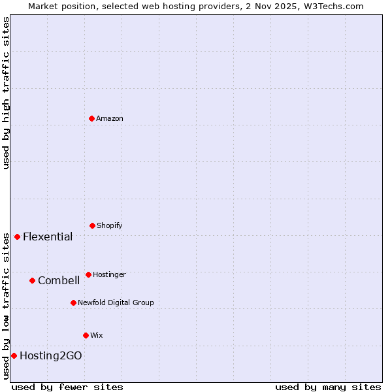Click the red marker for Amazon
91,118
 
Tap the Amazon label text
110,118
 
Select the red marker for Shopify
92,225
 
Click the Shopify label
110,225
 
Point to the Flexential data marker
17,237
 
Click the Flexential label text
48,237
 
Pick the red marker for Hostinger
88,274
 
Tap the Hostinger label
109,274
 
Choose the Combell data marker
32,280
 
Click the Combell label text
59,280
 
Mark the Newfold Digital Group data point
73,302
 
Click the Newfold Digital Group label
116,302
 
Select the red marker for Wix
86,335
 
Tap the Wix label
97,335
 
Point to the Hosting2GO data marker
14,355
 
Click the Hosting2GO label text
51,355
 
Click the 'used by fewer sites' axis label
67,387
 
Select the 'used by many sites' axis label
328,387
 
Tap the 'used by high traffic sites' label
6,93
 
